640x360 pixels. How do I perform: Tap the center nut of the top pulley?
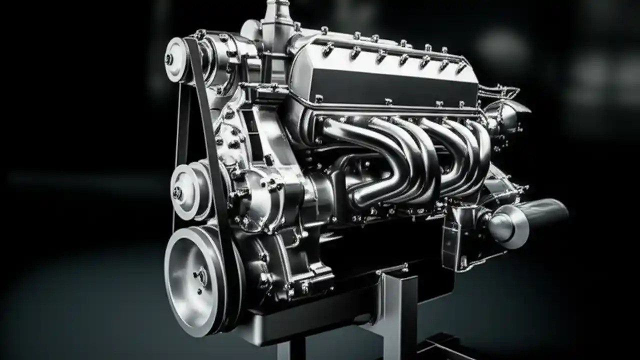point(169,59)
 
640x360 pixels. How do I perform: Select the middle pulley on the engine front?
point(187,190)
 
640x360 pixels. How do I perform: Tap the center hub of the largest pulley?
point(201,276)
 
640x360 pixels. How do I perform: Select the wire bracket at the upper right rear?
point(500,92)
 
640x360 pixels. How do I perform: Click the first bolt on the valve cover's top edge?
point(324,31)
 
